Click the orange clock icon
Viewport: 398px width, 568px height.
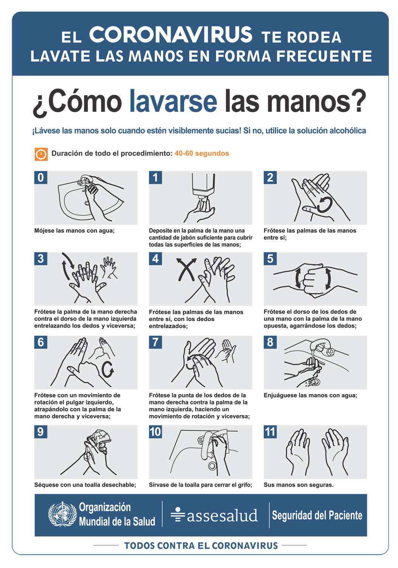(41, 154)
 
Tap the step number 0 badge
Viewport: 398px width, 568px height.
(41, 178)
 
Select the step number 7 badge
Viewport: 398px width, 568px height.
(155, 342)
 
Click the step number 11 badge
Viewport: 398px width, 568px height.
(270, 432)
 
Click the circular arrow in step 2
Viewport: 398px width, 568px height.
(324, 205)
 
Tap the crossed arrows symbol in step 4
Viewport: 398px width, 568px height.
(187, 269)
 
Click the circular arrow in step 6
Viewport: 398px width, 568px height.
(108, 369)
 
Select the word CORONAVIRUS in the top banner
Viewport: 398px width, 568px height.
(171, 35)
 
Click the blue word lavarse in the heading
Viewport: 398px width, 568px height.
(173, 101)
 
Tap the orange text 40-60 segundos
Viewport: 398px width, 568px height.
(202, 153)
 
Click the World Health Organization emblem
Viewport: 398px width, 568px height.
(62, 514)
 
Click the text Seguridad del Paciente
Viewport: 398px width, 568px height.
(317, 515)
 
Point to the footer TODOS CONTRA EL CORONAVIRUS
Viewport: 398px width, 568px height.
(201, 546)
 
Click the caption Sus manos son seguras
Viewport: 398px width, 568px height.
(298, 485)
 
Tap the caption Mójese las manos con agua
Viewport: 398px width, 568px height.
(75, 231)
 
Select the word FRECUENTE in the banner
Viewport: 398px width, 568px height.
(324, 56)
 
